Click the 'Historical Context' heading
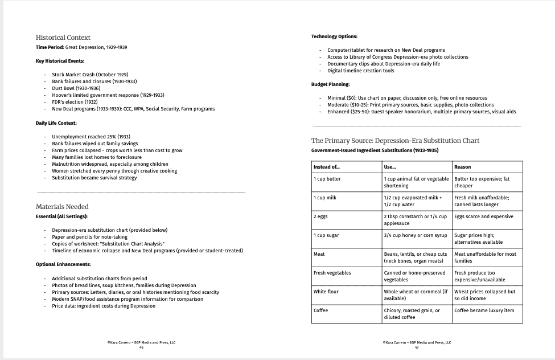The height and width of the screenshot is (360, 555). tap(63, 38)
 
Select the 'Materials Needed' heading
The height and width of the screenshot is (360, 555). tap(62, 207)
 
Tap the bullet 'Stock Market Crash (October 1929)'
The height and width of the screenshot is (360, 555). tap(90, 75)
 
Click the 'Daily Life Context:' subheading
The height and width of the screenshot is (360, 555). tap(56, 123)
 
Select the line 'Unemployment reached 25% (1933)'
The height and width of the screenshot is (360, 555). tap(91, 137)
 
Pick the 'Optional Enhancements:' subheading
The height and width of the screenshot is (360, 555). tap(63, 264)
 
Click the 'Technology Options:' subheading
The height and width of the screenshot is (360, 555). tap(334, 36)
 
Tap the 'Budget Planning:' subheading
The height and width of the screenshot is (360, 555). tap(331, 84)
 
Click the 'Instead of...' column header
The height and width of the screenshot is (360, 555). tap(326, 167)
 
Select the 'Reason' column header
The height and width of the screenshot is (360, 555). tap(463, 167)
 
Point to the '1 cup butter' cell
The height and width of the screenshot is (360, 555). tap(327, 179)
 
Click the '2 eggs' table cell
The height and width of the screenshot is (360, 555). tap(320, 216)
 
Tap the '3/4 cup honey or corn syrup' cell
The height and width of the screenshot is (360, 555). tap(415, 235)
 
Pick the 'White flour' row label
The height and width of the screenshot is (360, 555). tap(326, 292)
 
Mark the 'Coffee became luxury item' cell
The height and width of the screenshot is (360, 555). tap(484, 310)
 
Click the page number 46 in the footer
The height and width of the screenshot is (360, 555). tap(142, 347)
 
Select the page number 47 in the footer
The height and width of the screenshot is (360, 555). tap(417, 347)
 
